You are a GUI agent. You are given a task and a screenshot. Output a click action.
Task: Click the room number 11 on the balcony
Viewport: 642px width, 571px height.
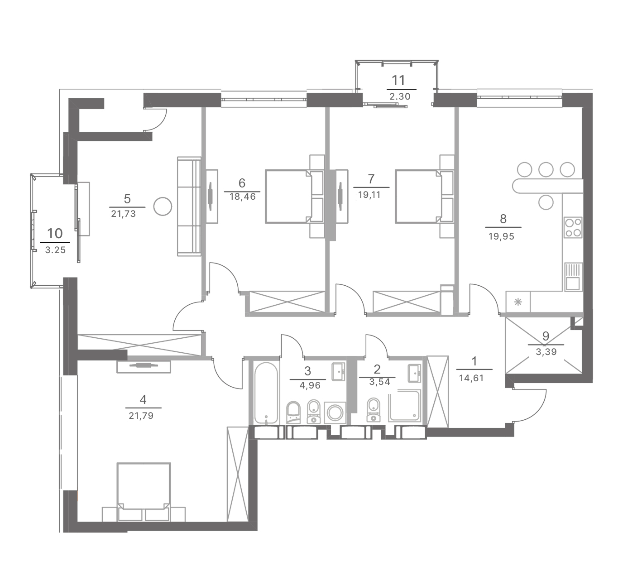point(398,81)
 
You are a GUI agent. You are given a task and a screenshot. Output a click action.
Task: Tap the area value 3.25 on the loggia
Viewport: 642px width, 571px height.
point(55,250)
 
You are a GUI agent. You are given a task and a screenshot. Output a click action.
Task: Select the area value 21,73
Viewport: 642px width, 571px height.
point(123,214)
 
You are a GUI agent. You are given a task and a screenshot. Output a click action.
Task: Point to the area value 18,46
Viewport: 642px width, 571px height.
point(242,197)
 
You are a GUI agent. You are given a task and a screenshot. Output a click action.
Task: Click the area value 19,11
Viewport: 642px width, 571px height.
point(369,195)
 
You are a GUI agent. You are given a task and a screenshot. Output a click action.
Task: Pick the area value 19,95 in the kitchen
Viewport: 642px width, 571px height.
point(501,236)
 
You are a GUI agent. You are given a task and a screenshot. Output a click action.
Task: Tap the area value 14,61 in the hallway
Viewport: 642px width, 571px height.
point(471,378)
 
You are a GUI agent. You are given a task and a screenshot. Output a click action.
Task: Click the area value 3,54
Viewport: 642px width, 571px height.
point(379,382)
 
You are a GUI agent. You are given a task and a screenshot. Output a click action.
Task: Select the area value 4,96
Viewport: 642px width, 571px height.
point(310,386)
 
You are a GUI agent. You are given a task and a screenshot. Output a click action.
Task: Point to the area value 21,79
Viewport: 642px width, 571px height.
point(141,415)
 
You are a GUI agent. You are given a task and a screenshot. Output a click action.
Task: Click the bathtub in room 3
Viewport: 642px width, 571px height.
point(266,393)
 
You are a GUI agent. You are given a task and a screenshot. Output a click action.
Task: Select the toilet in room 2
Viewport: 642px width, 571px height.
point(374,410)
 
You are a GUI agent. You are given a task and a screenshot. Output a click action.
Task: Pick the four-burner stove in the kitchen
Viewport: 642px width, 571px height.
point(573,227)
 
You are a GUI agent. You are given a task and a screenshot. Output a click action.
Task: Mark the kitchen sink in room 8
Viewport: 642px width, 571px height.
point(573,277)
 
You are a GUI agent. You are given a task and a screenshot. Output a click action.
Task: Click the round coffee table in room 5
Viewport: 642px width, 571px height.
point(163,206)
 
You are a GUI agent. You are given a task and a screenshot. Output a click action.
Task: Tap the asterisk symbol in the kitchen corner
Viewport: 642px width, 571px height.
point(518,302)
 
